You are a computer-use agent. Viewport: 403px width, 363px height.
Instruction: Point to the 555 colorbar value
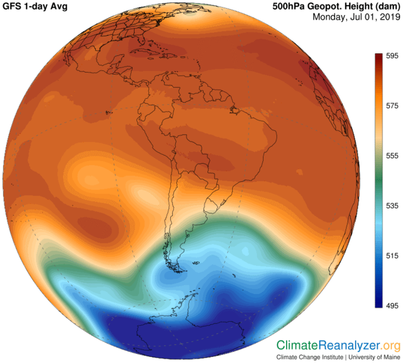click(391, 155)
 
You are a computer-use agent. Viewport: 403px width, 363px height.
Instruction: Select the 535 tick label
click(391, 206)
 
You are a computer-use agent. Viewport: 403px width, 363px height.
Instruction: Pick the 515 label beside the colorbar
click(391, 256)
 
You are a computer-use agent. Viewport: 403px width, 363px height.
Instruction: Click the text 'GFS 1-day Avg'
click(37, 7)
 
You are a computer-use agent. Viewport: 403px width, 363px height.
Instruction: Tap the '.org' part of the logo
click(391, 345)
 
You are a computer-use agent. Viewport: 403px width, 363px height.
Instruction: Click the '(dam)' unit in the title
click(385, 7)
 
